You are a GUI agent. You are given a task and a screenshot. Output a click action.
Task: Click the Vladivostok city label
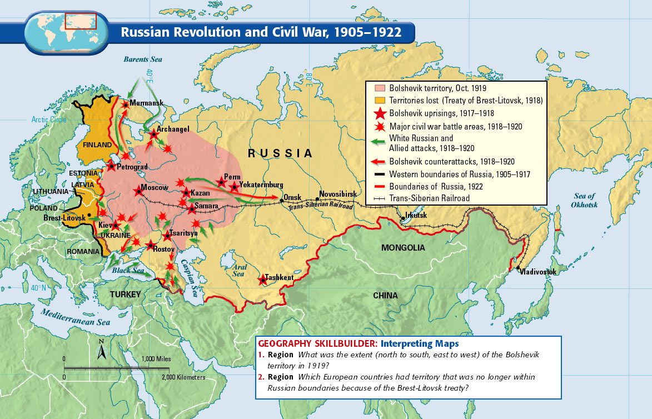click(537, 272)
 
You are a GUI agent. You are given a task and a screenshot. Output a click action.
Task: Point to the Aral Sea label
click(239, 270)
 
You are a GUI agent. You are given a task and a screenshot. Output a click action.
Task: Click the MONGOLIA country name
click(403, 248)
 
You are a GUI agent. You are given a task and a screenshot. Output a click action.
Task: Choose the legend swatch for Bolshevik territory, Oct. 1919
click(380, 88)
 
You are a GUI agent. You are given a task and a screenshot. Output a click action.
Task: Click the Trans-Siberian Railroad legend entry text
click(429, 198)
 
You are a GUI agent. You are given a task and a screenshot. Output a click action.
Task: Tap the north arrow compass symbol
click(102, 350)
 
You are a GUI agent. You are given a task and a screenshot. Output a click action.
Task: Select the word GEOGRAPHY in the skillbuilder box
click(285, 343)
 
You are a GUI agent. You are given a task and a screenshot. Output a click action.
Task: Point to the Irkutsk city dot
click(402, 217)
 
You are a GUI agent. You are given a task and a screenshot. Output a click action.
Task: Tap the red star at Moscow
click(138, 192)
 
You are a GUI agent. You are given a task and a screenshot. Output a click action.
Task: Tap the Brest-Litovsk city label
click(64, 218)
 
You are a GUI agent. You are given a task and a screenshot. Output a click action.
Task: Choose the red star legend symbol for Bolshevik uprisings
click(380, 113)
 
